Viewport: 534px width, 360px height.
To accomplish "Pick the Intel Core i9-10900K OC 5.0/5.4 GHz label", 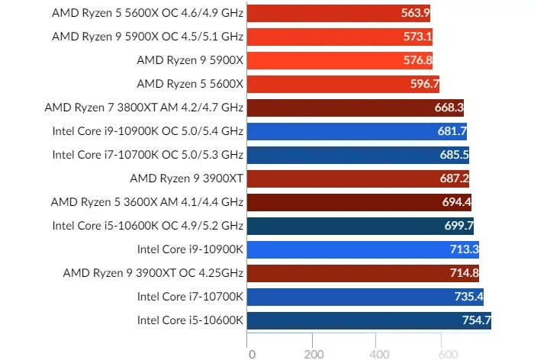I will (x=147, y=131).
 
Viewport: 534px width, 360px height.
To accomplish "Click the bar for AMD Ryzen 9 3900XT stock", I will (x=359, y=178).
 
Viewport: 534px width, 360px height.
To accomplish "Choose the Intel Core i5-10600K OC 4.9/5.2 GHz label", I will (x=147, y=226).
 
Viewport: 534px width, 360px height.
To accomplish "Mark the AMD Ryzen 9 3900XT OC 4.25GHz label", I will (x=153, y=273).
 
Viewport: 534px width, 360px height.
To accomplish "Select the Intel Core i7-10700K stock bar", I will (x=366, y=297).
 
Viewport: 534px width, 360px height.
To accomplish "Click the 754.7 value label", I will (x=476, y=320).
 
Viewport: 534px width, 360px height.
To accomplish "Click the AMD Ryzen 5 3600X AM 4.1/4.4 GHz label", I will (x=146, y=202).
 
